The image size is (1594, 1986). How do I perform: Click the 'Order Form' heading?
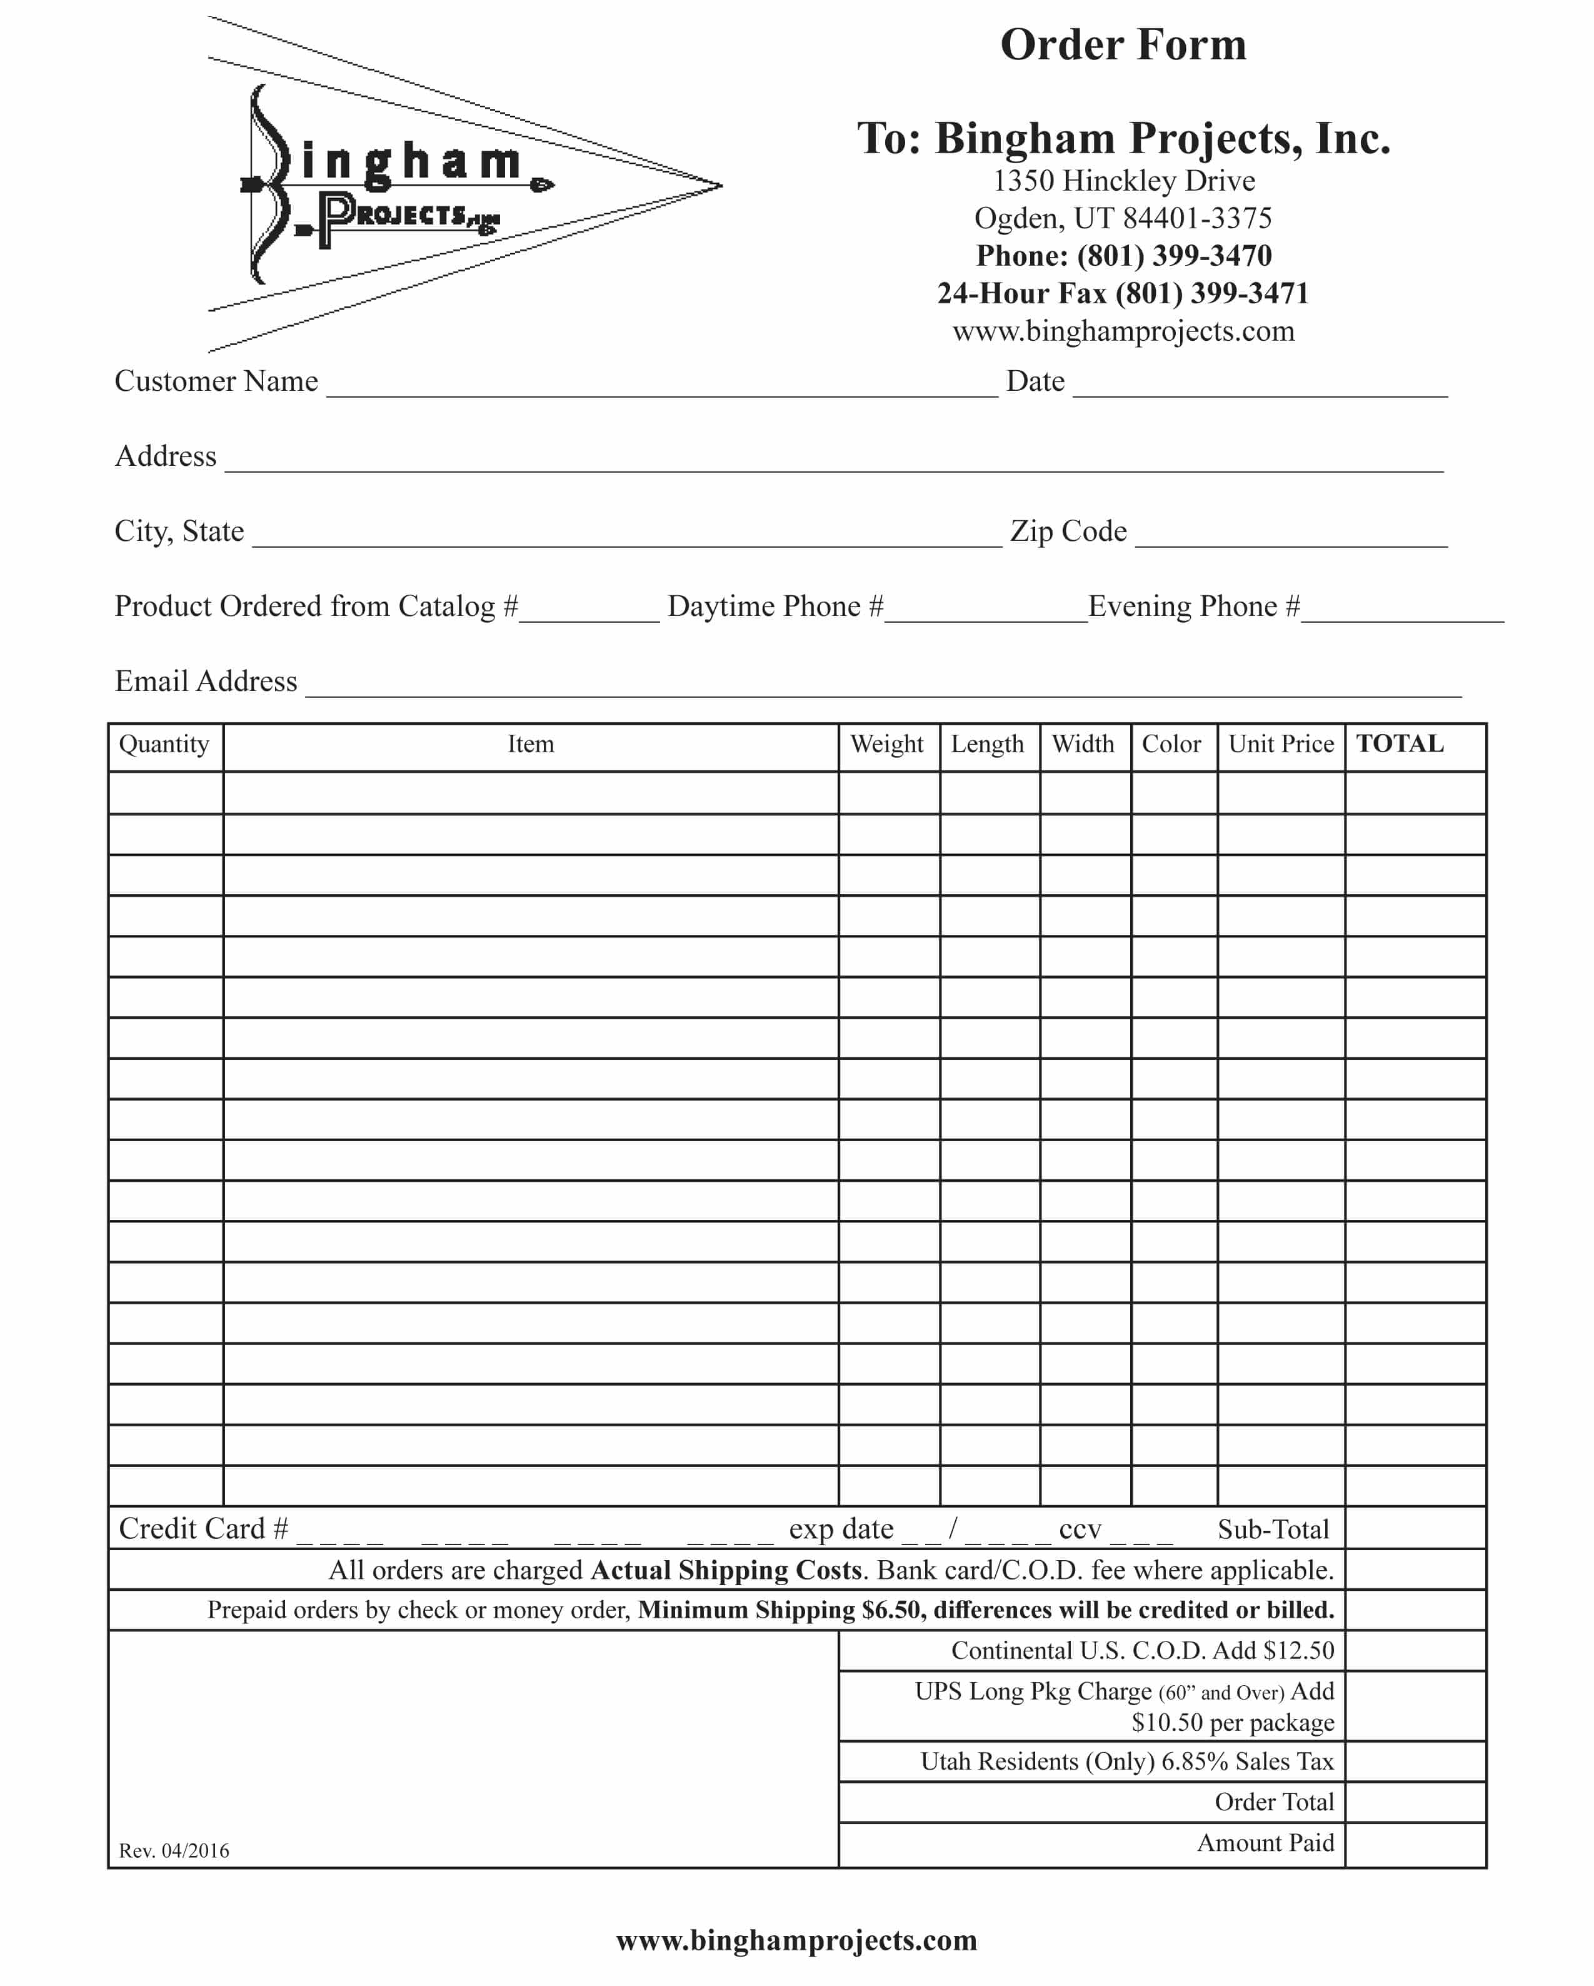(1123, 45)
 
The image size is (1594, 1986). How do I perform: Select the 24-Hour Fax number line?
(1123, 293)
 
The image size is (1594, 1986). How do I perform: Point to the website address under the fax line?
(1123, 331)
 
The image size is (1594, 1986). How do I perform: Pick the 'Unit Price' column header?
(1280, 744)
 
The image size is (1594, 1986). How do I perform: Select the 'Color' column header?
(1171, 744)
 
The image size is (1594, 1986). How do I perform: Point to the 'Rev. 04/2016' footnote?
(174, 1850)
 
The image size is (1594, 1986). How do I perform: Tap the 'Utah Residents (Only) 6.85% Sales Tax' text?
(1127, 1762)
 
